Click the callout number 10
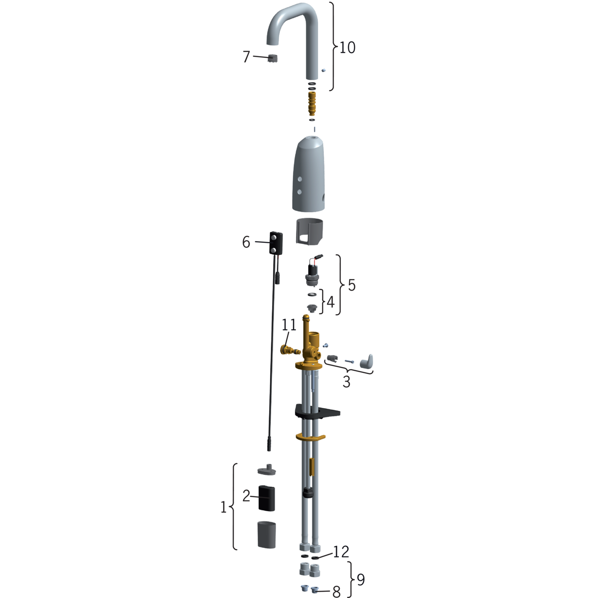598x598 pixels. pyautogui.click(x=347, y=47)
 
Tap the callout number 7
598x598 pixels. pyautogui.click(x=246, y=57)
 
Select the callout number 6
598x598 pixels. pyautogui.click(x=246, y=242)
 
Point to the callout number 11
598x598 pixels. pyautogui.click(x=289, y=325)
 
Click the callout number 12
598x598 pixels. pyautogui.click(x=341, y=552)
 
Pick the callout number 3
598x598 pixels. pyautogui.click(x=347, y=382)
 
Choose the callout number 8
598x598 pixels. pyautogui.click(x=336, y=591)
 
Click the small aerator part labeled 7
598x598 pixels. pyautogui.click(x=272, y=58)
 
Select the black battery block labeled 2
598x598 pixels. pyautogui.click(x=267, y=502)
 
